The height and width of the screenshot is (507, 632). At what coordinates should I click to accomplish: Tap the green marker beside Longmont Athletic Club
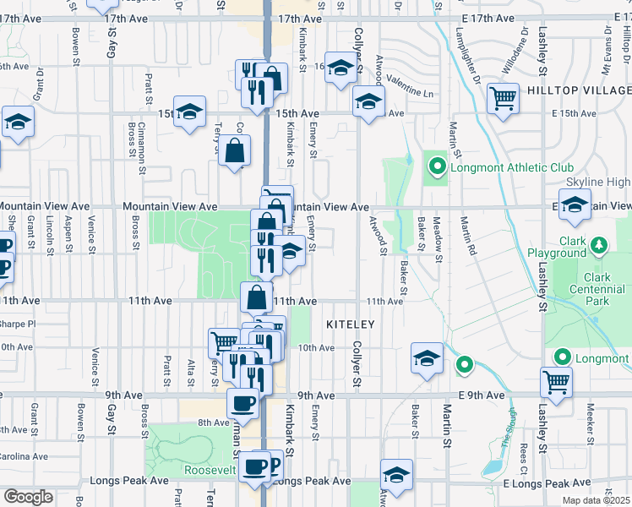[x=436, y=166]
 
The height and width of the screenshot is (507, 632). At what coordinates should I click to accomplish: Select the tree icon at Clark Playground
[x=599, y=246]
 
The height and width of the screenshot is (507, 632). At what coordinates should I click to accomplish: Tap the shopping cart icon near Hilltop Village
[x=503, y=98]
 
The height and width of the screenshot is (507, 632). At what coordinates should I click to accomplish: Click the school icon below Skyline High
[x=575, y=206]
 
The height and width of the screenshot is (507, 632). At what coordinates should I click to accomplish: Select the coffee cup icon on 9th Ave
[x=243, y=403]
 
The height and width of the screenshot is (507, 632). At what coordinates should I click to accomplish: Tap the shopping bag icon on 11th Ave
[x=257, y=298]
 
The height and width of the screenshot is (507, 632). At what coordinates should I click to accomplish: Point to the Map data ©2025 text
[x=597, y=500]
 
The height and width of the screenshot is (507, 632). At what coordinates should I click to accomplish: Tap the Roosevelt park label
[x=202, y=470]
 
